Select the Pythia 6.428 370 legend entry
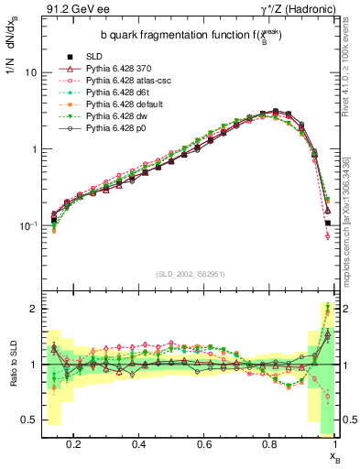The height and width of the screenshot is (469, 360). (96, 68)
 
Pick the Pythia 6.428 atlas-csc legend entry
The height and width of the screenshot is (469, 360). (103, 80)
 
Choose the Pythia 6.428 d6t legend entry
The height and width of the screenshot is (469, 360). (96, 92)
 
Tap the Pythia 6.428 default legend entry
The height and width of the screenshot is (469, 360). (101, 104)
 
